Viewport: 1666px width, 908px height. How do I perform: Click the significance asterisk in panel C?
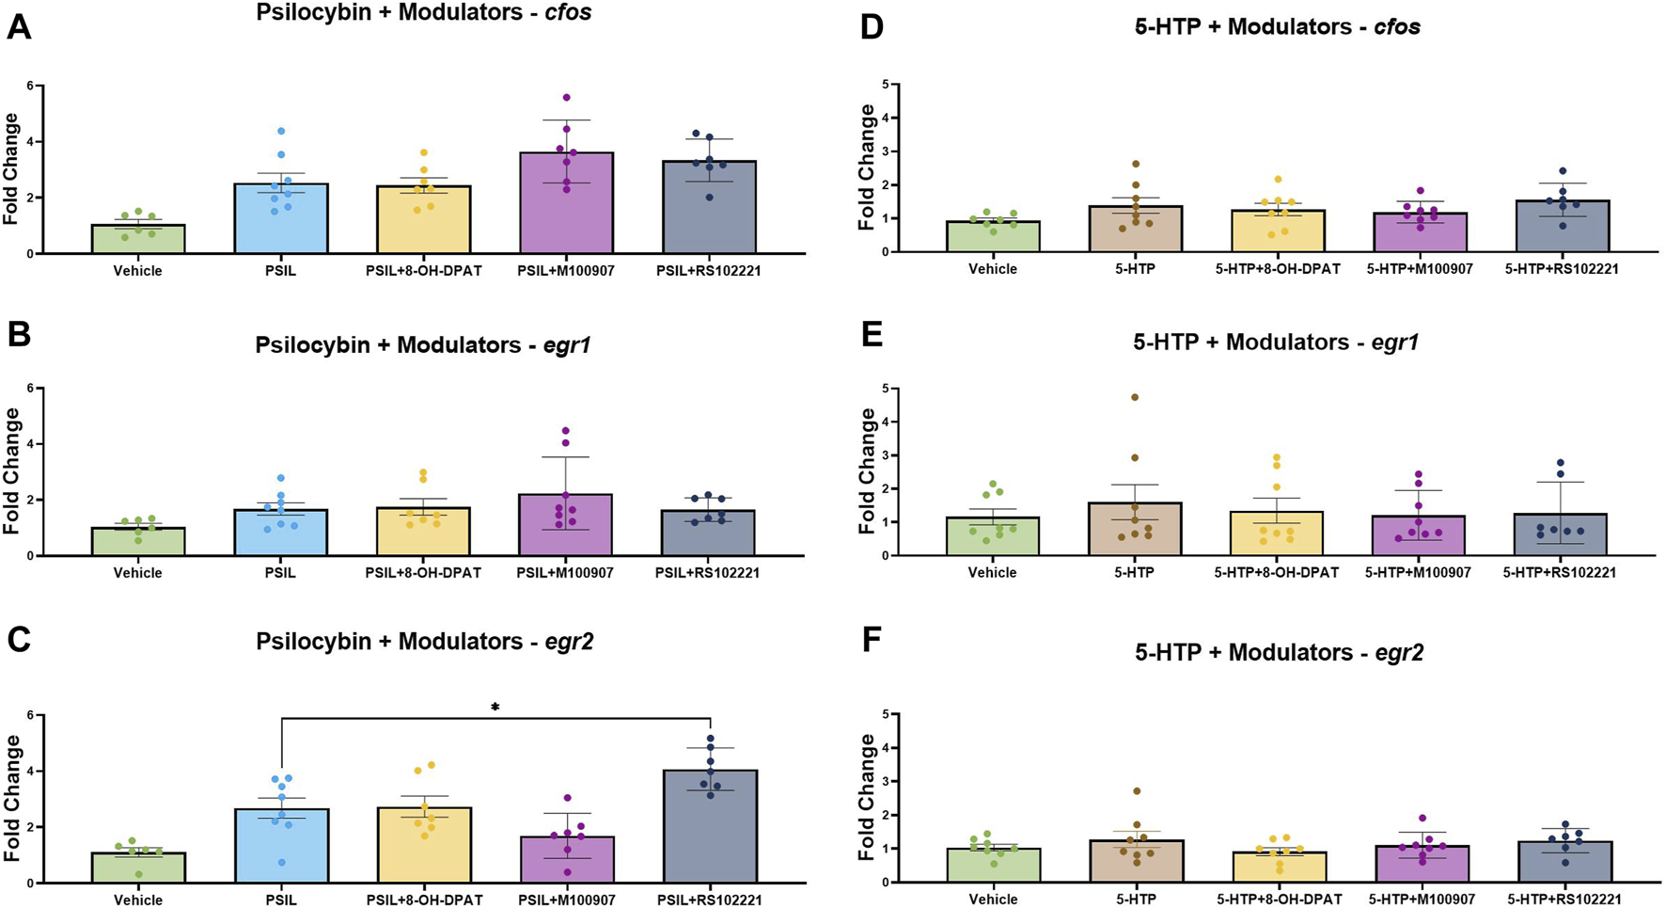point(495,707)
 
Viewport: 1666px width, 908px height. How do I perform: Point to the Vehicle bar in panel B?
point(137,542)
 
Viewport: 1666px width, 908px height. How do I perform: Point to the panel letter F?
point(872,641)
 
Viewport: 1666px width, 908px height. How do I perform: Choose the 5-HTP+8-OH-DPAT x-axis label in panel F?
point(1277,899)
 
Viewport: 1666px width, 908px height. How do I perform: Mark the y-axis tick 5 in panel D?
point(884,84)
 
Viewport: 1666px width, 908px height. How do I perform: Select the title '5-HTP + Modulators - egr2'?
point(1279,651)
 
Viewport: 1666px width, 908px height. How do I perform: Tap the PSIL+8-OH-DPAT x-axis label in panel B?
point(423,572)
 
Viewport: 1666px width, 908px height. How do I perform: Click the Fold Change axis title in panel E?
point(868,471)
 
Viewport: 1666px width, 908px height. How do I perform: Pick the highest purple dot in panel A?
point(566,97)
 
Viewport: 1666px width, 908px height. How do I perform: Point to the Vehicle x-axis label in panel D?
point(993,269)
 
